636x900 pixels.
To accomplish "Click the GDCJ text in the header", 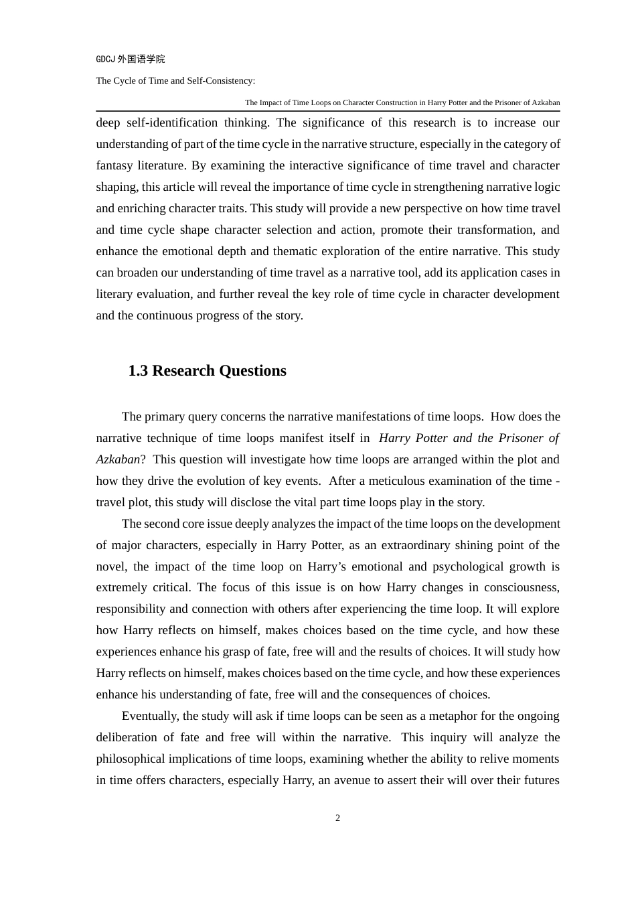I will click(105, 59).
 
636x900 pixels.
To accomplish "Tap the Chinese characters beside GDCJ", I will click(141, 59).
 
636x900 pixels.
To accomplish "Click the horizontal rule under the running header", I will click(328, 110).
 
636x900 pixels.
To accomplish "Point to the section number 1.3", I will click(138, 371).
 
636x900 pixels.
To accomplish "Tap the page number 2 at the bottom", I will click(337, 818).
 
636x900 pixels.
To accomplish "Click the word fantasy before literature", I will click(114, 165).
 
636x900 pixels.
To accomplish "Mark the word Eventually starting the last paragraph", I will click(149, 716).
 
